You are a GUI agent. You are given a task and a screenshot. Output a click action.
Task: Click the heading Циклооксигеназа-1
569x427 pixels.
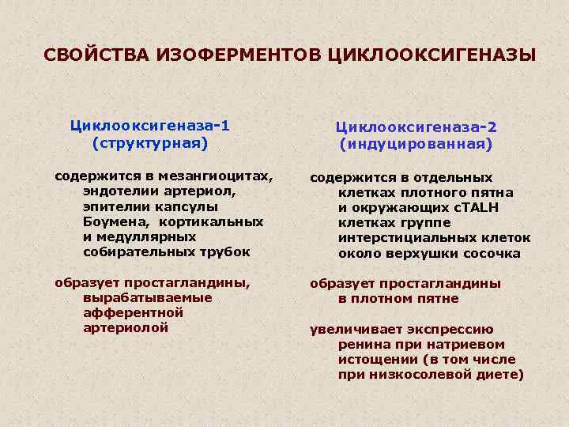[x=149, y=126]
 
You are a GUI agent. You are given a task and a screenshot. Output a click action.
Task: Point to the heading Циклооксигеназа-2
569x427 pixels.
[x=416, y=127]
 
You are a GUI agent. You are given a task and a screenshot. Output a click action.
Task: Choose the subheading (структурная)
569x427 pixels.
[x=149, y=143]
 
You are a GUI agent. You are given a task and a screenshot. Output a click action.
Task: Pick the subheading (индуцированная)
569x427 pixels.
[x=416, y=145]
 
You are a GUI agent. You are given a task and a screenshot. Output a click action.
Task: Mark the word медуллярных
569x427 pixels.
[x=150, y=236]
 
